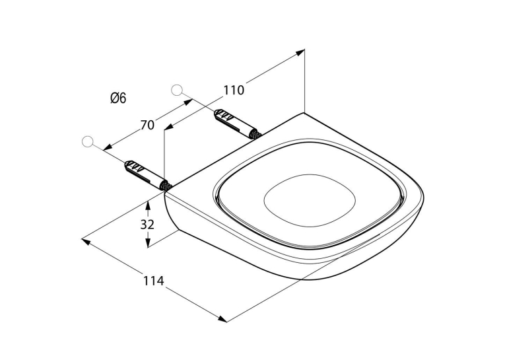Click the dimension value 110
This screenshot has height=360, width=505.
click(x=234, y=90)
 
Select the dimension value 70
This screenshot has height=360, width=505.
click(x=147, y=125)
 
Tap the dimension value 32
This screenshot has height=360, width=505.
click(x=147, y=225)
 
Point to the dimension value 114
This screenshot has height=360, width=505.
click(x=154, y=281)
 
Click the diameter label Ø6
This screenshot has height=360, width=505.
click(x=118, y=98)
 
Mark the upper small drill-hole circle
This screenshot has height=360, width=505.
click(x=177, y=90)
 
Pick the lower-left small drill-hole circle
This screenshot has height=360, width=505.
click(x=88, y=141)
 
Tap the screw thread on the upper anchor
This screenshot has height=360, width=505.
click(x=256, y=135)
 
